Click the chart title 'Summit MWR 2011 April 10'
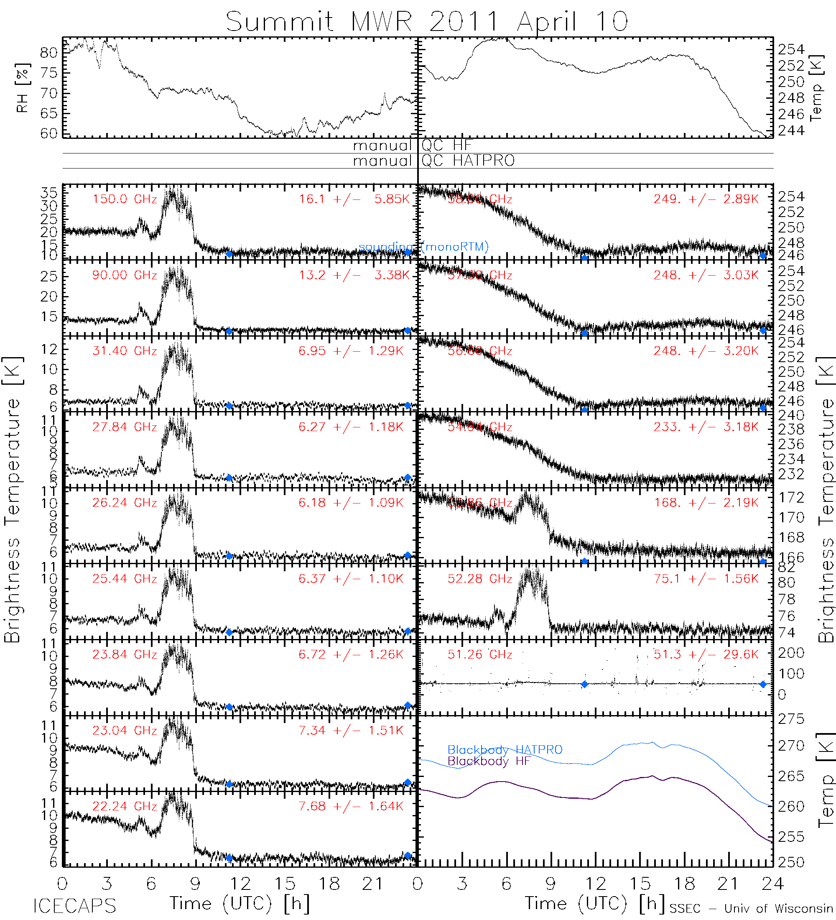(426, 21)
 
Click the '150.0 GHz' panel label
(125, 199)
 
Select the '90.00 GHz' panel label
(125, 275)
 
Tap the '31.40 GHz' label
(125, 351)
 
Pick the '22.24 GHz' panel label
(125, 806)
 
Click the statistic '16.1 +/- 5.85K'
(354, 199)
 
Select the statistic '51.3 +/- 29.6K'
(706, 654)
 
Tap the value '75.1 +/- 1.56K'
(706, 579)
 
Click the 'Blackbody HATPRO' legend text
(505, 750)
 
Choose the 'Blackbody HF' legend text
(489, 761)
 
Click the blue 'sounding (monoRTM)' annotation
(423, 247)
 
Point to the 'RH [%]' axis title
(22, 88)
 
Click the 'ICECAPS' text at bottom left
(74, 906)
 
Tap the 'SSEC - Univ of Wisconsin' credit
(751, 909)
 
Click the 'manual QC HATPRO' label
(433, 161)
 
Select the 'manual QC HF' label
(412, 146)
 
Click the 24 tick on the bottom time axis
(772, 884)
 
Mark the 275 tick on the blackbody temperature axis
(791, 719)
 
